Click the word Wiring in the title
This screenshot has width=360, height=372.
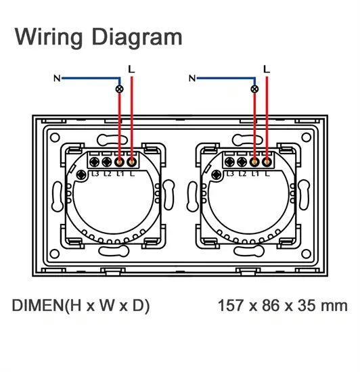[x=49, y=37]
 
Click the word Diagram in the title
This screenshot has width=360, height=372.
[x=137, y=37]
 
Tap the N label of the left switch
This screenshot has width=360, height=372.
[x=57, y=78]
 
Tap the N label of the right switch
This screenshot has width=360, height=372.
[x=192, y=78]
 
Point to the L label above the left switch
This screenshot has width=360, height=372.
[x=131, y=69]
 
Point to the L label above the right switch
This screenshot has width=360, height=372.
[x=267, y=69]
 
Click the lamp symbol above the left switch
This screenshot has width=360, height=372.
[x=119, y=89]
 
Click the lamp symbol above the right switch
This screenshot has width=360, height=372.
[x=254, y=89]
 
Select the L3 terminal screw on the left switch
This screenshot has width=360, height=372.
[x=95, y=162]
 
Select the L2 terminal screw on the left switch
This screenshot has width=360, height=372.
[x=107, y=162]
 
